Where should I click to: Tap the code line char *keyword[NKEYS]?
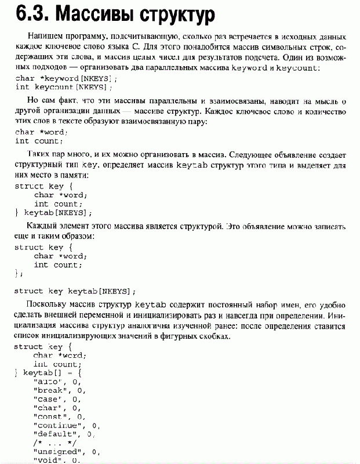pyautogui.click(x=58, y=78)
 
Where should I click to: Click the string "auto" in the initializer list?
pyautogui.click(x=48, y=381)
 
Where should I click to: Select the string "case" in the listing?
pyautogui.click(x=48, y=398)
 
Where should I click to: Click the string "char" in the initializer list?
pyautogui.click(x=48, y=407)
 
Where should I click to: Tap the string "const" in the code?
pyautogui.click(x=50, y=416)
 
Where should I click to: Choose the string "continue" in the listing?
pyautogui.click(x=57, y=425)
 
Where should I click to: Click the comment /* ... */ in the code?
pyautogui.click(x=51, y=442)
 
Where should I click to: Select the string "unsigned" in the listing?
pyautogui.click(x=57, y=451)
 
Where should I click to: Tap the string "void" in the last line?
pyautogui.click(x=48, y=460)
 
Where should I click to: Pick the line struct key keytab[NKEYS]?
pyautogui.click(x=75, y=291)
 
